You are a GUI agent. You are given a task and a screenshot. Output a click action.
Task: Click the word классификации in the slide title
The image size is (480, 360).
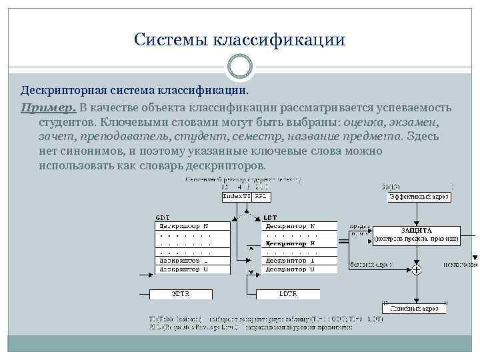[x=279, y=40]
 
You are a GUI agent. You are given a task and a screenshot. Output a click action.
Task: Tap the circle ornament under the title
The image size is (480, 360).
[x=240, y=67]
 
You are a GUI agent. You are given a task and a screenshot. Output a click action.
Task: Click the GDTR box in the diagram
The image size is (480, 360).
[x=181, y=294]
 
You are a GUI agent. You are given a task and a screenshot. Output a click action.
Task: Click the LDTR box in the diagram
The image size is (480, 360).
[x=289, y=294]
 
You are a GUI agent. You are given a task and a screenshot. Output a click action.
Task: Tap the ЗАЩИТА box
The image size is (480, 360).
[x=416, y=235]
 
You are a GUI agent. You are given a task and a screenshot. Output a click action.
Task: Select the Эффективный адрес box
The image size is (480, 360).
[x=419, y=197]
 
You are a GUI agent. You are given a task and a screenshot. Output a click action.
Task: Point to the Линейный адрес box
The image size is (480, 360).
[x=414, y=308]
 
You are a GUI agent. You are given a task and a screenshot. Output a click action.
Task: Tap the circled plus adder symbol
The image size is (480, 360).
[x=416, y=270]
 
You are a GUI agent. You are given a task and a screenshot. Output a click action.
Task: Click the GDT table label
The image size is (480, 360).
[x=162, y=217]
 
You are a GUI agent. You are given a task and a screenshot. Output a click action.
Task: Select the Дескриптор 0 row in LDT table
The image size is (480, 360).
[x=289, y=269]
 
